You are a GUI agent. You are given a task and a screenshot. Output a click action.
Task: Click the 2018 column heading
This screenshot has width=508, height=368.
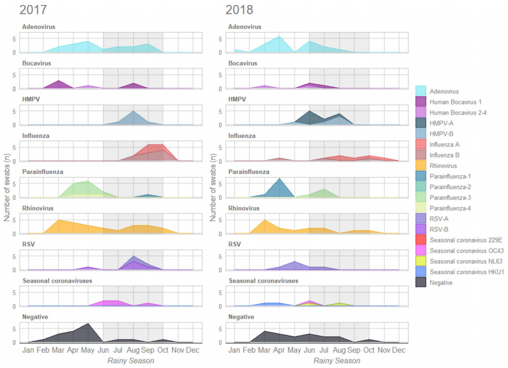[239, 9]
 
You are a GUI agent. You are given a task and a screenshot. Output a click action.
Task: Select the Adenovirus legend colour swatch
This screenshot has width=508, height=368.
[421, 91]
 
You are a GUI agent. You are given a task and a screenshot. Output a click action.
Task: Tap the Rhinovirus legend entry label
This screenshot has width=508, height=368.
[445, 165]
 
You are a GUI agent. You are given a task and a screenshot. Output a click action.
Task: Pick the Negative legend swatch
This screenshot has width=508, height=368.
[421, 282]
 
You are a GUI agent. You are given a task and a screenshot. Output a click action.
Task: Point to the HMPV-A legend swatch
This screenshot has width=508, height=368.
[421, 123]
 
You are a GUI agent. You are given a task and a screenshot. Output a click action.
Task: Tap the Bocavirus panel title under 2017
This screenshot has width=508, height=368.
[37, 63]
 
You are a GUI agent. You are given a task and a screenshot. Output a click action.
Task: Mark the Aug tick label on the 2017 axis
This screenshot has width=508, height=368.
[133, 350]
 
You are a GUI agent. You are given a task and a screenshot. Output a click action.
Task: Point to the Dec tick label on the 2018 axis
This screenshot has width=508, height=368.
[399, 350]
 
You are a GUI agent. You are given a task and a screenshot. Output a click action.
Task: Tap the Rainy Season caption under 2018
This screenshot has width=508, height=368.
[337, 361]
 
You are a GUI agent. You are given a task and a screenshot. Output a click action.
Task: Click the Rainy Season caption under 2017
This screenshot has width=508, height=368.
[131, 361]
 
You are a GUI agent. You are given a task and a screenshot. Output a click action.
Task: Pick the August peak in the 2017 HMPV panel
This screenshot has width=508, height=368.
[133, 111]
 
